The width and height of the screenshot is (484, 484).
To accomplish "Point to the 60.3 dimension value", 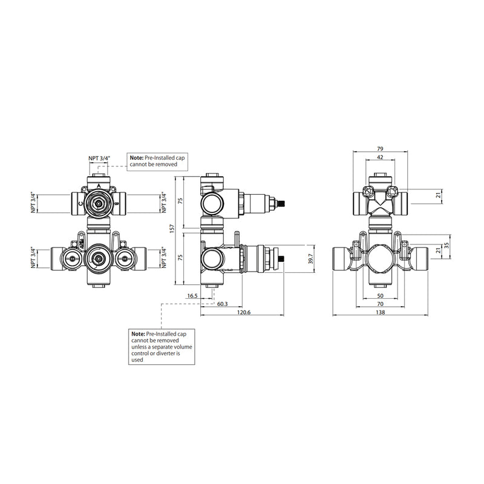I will (222, 304).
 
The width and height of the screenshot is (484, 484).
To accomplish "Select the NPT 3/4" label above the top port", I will (99, 159).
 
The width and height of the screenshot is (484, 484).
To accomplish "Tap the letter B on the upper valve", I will (116, 205).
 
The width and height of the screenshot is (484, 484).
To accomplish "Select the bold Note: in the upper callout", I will (137, 157).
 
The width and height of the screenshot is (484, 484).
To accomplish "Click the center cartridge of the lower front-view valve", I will (99, 260).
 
